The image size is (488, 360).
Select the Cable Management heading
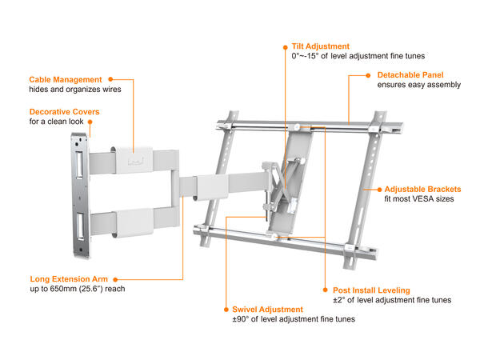coord(66,80)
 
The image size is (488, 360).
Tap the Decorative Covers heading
coord(62,111)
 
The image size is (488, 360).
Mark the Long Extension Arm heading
coord(68,278)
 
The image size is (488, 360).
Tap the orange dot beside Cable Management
coord(110,79)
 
